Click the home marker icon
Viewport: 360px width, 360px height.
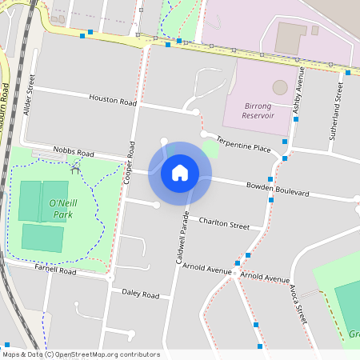pos(180,173)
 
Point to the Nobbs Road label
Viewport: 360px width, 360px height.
pos(73,151)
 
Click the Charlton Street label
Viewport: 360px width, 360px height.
pos(224,224)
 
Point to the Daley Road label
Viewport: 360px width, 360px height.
pos(140,294)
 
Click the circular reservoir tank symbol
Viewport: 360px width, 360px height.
pos(279,86)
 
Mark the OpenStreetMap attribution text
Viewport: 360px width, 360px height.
pos(81,354)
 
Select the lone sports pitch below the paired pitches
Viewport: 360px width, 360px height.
pos(42,237)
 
